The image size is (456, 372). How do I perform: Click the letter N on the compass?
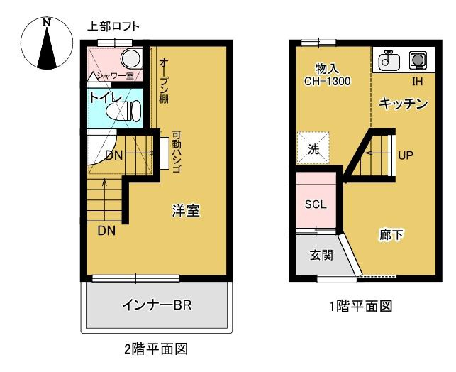click(x=46, y=23)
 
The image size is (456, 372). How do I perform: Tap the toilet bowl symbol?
click(x=124, y=111)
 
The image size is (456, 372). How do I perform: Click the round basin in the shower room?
click(x=130, y=58)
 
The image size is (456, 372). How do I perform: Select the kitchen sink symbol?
click(x=389, y=61)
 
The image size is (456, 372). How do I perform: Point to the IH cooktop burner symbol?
click(x=418, y=60)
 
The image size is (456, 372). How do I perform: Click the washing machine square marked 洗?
click(x=313, y=148)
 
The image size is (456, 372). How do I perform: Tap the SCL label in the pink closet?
click(x=316, y=204)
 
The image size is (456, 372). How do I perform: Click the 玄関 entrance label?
click(x=321, y=256)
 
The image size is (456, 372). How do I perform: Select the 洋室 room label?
click(x=186, y=210)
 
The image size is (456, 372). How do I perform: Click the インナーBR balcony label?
click(x=157, y=305)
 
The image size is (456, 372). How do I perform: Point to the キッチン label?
click(x=403, y=104)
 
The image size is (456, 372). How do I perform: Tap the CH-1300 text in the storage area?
click(x=327, y=81)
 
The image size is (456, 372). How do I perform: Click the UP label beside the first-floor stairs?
click(x=406, y=155)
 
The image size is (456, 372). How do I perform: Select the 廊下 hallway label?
click(x=391, y=234)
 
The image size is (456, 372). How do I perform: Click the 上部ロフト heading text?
click(x=113, y=26)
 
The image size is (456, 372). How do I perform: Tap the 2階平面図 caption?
click(x=156, y=349)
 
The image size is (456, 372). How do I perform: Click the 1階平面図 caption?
click(x=361, y=306)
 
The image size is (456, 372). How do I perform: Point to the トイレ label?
click(x=105, y=97)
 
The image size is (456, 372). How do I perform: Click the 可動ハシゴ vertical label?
click(x=177, y=151)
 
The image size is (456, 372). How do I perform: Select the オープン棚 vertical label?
click(x=165, y=81)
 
